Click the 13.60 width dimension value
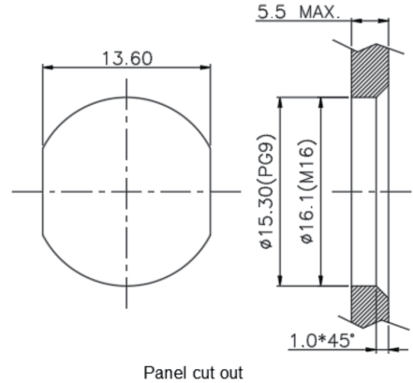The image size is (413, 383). [127, 59]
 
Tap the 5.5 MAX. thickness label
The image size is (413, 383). [298, 12]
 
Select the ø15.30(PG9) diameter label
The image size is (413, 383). [269, 191]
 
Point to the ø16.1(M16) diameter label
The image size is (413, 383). [309, 191]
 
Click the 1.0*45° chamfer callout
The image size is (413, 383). [322, 341]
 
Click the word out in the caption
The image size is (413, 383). [231, 373]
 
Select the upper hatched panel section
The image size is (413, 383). [370, 71]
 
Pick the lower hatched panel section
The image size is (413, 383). [370, 306]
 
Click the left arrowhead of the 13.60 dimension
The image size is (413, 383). [48, 67]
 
